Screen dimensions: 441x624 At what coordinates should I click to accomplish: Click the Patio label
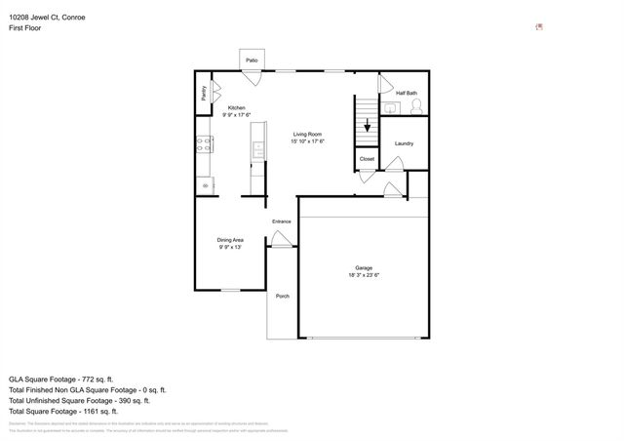(252, 60)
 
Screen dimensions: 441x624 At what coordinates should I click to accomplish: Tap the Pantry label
(204, 94)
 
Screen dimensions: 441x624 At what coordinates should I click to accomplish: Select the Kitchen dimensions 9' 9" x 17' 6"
(237, 115)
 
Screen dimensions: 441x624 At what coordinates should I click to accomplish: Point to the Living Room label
(307, 135)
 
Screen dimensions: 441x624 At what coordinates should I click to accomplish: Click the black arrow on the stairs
(367, 125)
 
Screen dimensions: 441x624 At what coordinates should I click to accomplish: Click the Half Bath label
(406, 93)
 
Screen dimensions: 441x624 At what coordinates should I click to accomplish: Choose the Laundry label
(404, 143)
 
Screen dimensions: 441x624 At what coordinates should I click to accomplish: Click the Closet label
(367, 158)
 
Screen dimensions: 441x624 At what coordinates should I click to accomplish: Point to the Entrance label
(281, 221)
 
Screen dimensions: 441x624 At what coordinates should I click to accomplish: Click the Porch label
(282, 296)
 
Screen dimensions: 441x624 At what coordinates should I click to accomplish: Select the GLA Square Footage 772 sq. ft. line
(61, 379)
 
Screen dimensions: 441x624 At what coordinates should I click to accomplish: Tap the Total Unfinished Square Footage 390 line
(78, 400)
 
